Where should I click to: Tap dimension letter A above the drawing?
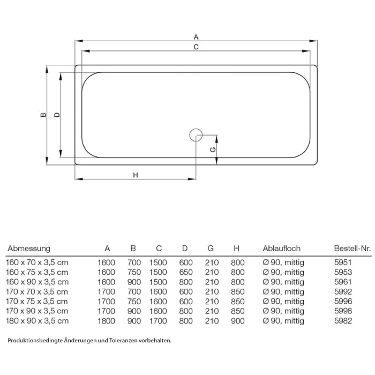196,37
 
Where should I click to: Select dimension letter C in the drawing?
196,47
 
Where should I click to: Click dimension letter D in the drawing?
57,115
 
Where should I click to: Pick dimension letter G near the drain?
213,149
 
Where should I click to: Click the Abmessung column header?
29,249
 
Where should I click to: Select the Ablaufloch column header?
281,249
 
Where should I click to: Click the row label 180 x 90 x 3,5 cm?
37,321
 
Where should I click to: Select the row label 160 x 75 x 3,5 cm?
37,272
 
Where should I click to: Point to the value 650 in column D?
185,272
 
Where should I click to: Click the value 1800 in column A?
107,321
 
